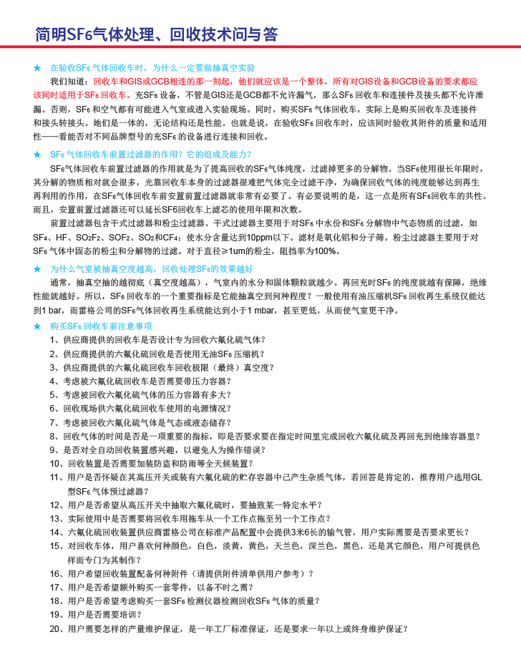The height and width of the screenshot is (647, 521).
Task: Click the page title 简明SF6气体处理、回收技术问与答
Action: (156, 34)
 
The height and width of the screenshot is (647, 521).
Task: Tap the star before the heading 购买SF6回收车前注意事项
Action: (37, 326)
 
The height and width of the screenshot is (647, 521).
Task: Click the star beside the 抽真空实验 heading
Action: (37, 67)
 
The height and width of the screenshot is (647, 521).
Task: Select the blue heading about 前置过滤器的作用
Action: (150, 154)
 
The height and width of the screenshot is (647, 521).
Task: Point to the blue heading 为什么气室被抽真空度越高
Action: (151, 268)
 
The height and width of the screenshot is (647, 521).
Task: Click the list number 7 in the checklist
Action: (53, 422)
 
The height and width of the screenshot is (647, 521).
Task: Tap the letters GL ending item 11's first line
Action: (476, 477)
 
